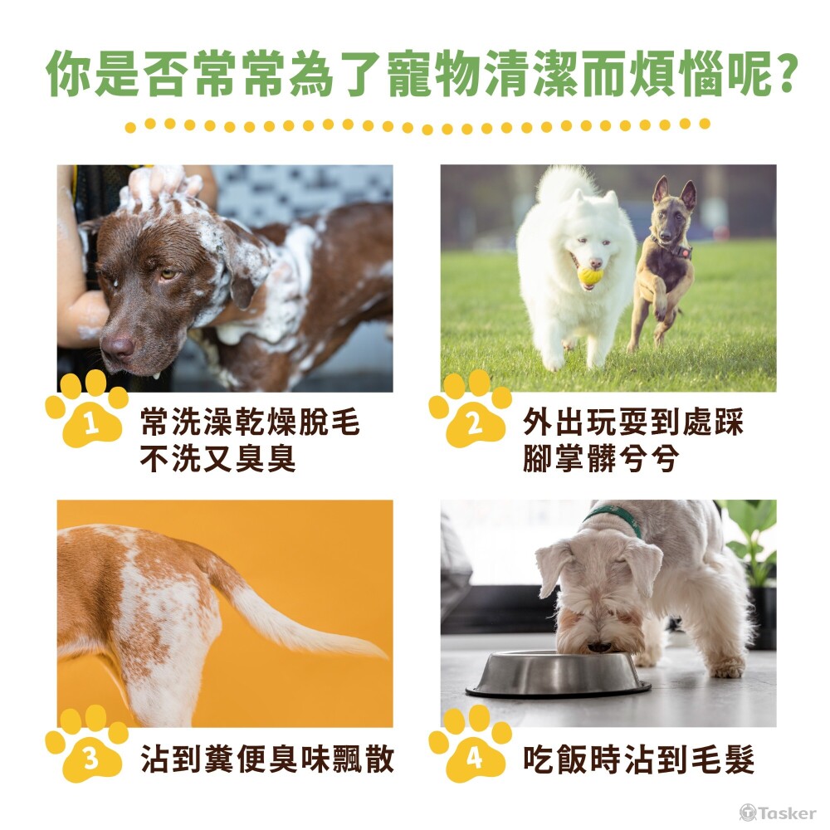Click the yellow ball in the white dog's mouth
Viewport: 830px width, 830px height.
pyautogui.click(x=590, y=276)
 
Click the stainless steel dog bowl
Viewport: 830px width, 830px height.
pyautogui.click(x=558, y=674)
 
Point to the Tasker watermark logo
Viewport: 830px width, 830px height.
pyautogui.click(x=778, y=813)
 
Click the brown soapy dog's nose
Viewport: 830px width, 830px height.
pyautogui.click(x=118, y=347)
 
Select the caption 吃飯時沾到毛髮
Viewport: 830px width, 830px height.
pyautogui.click(x=639, y=759)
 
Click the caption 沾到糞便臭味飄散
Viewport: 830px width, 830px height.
pyautogui.click(x=267, y=759)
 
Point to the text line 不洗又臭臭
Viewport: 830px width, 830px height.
pyautogui.click(x=217, y=458)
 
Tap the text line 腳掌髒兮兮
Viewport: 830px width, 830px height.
pyautogui.click(x=600, y=458)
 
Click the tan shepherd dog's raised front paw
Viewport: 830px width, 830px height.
pyautogui.click(x=660, y=307)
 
